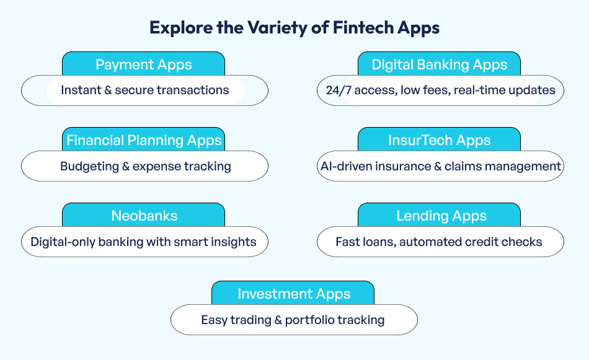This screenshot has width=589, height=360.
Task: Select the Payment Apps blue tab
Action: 143,64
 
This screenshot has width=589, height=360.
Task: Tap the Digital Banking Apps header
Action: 439,64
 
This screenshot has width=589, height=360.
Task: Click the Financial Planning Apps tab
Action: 143,140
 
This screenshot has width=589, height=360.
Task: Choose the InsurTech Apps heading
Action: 439,140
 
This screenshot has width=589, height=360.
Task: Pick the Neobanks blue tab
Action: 143,216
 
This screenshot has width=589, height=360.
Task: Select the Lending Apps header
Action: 439,216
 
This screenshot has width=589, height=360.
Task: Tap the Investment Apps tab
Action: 293,294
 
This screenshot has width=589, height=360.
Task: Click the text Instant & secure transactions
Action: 144,90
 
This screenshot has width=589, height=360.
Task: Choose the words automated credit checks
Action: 471,242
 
